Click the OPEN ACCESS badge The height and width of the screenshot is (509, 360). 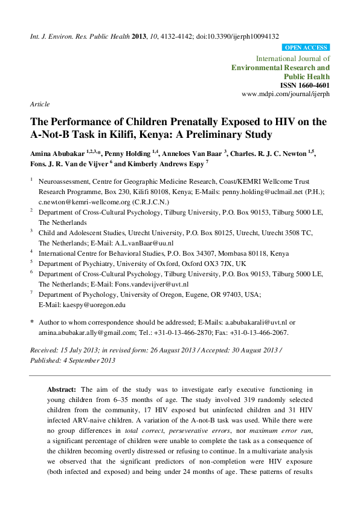click(306, 47)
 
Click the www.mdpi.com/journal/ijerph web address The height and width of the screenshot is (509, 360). click(286, 95)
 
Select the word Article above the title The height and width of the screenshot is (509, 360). click(40, 104)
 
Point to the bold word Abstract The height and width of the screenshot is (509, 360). click(62, 389)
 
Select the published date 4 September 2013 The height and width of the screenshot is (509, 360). click(86, 361)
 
